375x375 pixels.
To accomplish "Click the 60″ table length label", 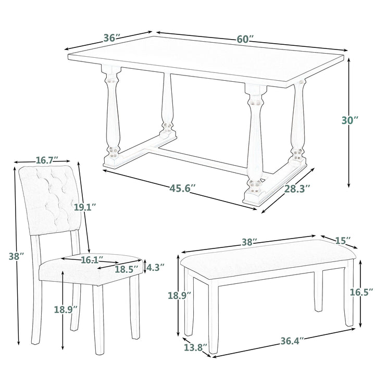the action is [245, 39].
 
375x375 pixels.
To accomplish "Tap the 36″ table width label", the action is [111, 38].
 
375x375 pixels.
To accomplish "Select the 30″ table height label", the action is [350, 120].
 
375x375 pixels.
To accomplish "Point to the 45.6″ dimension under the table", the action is [183, 188].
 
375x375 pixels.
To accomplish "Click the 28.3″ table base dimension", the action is [297, 189].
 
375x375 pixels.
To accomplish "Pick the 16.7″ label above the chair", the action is [47, 160].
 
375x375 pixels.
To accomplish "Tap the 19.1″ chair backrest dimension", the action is [85, 207].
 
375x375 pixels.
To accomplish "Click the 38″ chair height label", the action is [17, 256].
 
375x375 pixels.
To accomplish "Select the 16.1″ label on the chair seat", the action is [92, 260].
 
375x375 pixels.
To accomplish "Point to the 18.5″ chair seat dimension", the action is [127, 269].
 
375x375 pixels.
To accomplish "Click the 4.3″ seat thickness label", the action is [155, 267].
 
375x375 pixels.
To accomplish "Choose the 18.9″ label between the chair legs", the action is [66, 309].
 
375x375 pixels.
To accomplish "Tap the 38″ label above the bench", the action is [249, 242].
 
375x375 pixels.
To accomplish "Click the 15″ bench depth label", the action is [343, 241].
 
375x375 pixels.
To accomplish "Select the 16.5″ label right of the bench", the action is [361, 292].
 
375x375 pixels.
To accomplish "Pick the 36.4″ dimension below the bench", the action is [292, 341].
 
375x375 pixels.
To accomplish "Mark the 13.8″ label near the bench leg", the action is [196, 347].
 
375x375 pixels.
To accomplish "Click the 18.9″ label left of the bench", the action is [179, 295].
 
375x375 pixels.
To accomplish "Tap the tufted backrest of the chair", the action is [49, 199].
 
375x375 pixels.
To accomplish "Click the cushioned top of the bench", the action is [268, 259].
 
